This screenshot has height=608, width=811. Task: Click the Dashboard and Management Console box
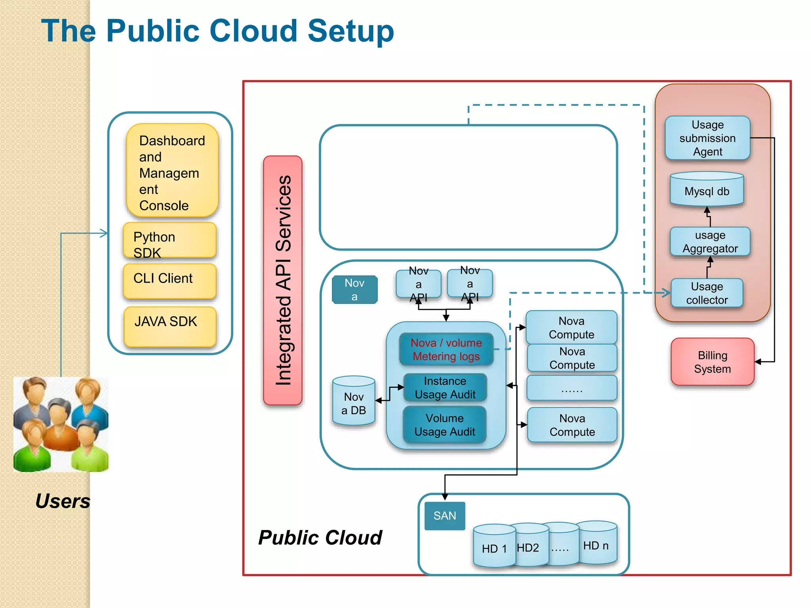(172, 171)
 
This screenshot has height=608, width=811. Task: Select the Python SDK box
(169, 240)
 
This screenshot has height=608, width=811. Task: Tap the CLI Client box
(169, 281)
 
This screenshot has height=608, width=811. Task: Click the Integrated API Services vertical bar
(283, 280)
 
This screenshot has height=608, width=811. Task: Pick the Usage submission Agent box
(707, 138)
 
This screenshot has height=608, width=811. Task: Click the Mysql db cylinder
(706, 190)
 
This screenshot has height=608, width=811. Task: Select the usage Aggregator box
(710, 241)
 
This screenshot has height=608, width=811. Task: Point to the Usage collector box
(706, 293)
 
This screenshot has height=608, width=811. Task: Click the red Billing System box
(712, 362)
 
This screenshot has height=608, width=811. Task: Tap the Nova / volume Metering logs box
(446, 349)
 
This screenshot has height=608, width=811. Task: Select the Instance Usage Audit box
(445, 388)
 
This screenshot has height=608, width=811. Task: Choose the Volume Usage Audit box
(444, 425)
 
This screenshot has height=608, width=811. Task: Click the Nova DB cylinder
(353, 402)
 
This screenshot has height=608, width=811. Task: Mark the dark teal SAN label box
(444, 516)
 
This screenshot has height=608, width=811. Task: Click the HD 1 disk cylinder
(494, 547)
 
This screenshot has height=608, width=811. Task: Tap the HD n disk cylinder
(596, 544)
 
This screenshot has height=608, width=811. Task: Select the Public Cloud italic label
(320, 538)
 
